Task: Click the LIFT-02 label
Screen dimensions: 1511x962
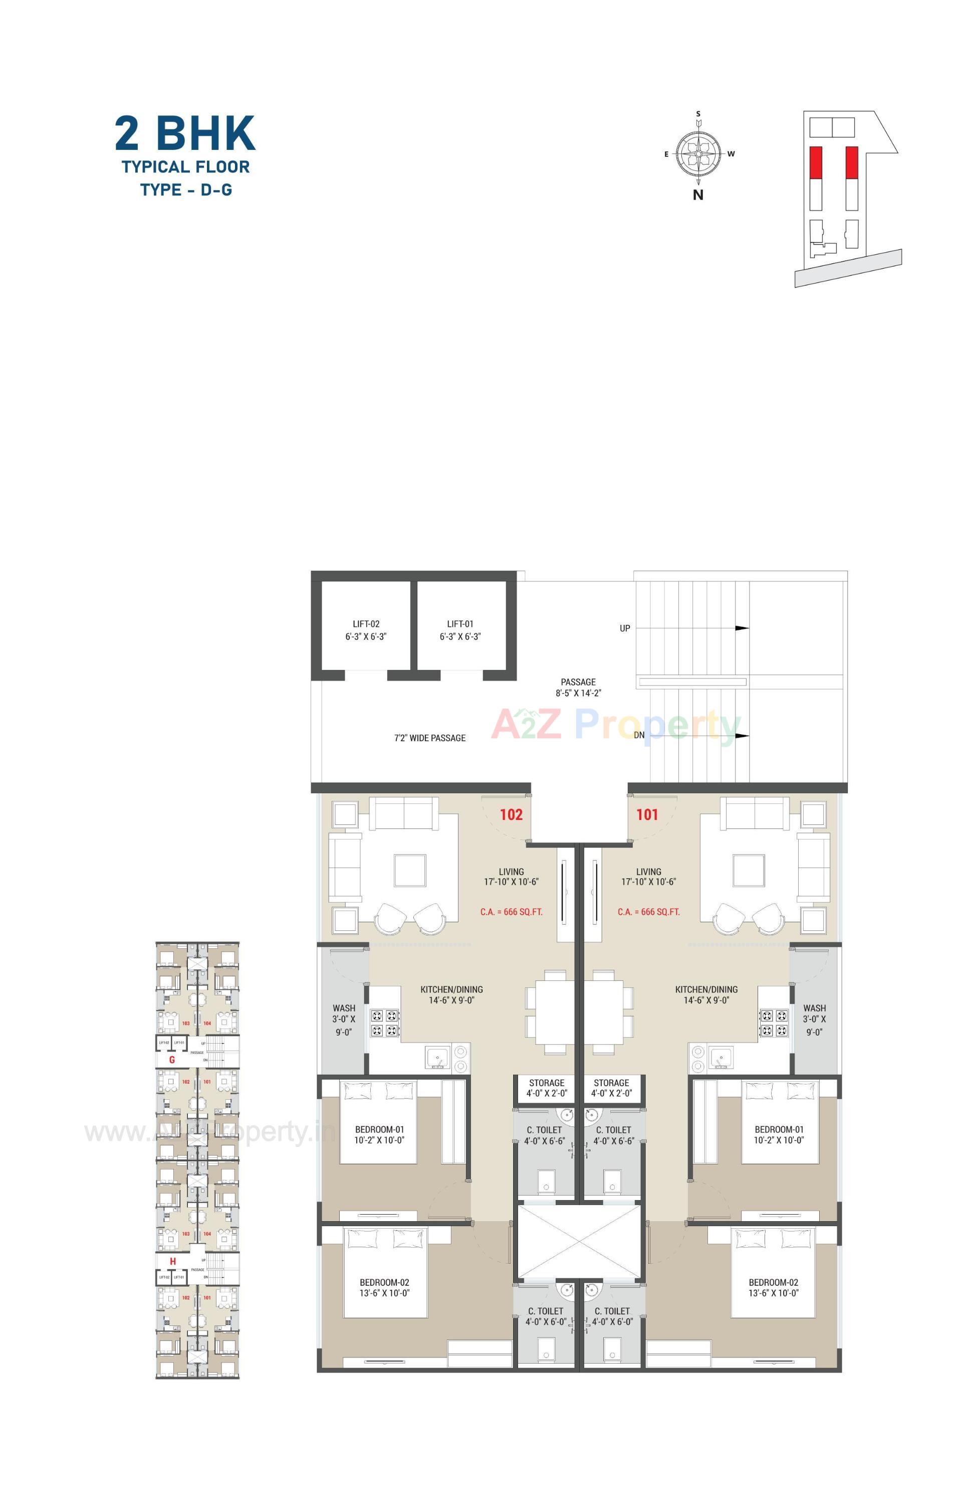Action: [366, 624]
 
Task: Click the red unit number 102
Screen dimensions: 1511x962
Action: [511, 814]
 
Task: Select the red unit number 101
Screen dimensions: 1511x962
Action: [647, 814]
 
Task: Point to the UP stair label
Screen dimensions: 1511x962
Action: [625, 628]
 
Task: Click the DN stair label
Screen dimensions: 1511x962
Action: [638, 735]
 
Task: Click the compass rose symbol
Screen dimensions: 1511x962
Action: [698, 153]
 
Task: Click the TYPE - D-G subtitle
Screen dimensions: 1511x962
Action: [186, 190]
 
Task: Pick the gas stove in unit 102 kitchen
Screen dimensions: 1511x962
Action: [384, 1023]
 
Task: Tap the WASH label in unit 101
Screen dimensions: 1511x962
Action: [814, 1009]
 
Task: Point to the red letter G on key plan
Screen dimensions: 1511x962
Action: [172, 1060]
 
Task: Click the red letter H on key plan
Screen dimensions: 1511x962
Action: [172, 1261]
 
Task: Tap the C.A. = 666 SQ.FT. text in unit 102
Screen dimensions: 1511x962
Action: [511, 912]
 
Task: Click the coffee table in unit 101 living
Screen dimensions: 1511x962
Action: [748, 870]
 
